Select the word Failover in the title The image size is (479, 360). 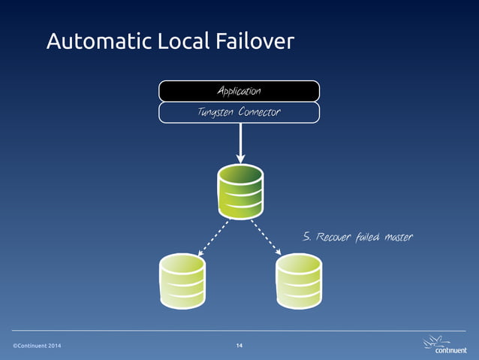click(255, 42)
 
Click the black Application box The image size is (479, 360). click(239, 91)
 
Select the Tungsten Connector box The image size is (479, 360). click(239, 113)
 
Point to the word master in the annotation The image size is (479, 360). click(399, 237)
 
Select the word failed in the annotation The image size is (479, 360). click(367, 237)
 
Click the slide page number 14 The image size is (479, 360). click(239, 345)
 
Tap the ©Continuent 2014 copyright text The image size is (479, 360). click(38, 345)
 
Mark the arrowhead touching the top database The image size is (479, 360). click(240, 158)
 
